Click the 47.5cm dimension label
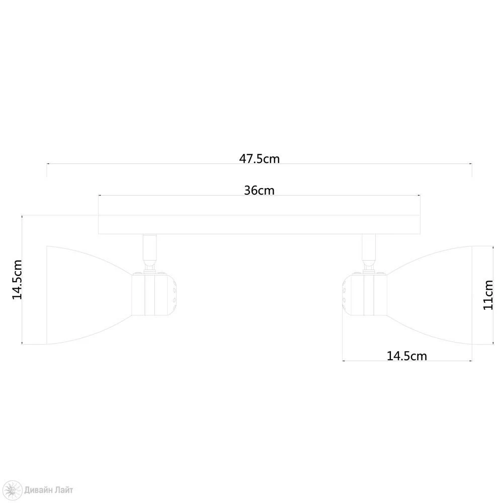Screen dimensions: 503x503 [259, 159]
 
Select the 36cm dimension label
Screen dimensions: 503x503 [259, 191]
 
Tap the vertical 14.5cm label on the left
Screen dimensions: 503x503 [17, 280]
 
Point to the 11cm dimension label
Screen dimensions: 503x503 [488, 295]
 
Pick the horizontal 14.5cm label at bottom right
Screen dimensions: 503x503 [407, 356]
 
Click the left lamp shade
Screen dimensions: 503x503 [87, 295]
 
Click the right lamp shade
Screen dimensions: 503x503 [430, 295]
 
